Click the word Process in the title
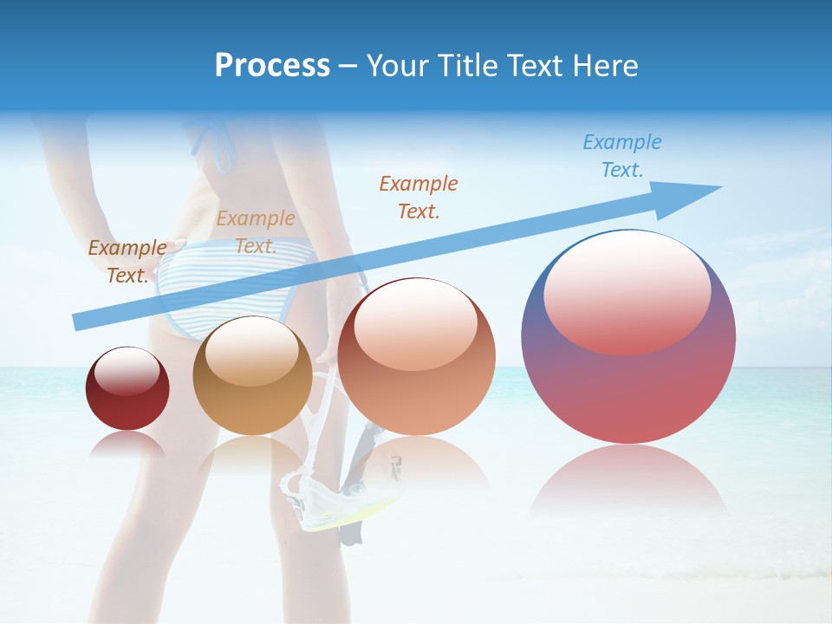coord(272,66)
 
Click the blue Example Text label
coord(621,156)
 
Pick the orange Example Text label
coord(419,197)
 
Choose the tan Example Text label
coord(256,232)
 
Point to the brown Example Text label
coord(127,261)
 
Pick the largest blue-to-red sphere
coord(628,390)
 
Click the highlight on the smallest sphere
coord(127,372)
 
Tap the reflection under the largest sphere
coord(628,481)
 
